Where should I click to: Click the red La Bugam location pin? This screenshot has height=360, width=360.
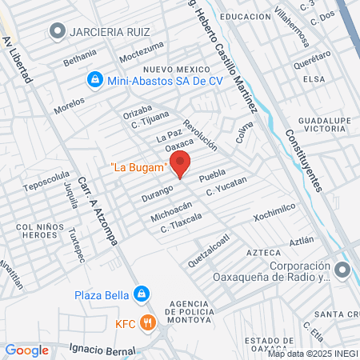click(181, 162)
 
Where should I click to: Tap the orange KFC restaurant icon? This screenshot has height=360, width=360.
click(146, 322)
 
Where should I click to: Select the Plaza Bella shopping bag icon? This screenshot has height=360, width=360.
click(142, 294)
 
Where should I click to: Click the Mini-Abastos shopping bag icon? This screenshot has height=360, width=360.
click(94, 79)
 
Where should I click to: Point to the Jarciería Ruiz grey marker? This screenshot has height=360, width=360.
click(57, 31)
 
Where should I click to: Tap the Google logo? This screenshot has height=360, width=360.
click(26, 350)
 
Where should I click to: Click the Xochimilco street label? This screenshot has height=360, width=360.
click(274, 212)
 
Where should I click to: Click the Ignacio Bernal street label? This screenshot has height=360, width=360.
click(102, 350)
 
